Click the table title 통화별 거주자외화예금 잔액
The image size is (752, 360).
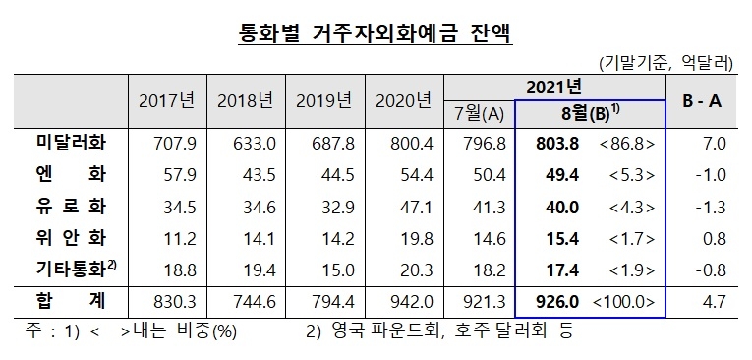click(376, 34)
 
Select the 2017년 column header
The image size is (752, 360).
click(167, 100)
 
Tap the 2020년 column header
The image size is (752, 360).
click(403, 100)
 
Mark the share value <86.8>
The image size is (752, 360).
click(626, 145)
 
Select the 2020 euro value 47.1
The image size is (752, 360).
click(403, 208)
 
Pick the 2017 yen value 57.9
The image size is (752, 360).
click(167, 176)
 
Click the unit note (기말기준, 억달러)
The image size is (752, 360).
click(665, 64)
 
